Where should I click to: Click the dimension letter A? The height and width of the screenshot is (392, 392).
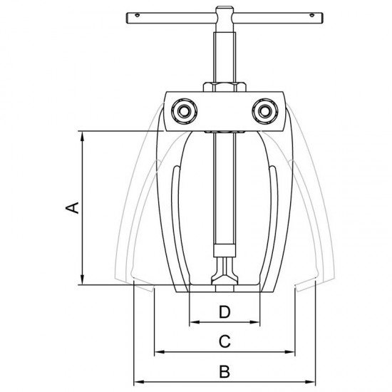(x=72, y=207)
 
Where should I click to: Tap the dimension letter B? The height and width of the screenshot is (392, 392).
(x=225, y=371)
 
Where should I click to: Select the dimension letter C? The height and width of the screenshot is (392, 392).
(x=225, y=341)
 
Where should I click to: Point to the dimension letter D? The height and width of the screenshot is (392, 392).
(x=225, y=311)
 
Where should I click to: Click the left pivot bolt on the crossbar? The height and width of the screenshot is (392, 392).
(x=185, y=111)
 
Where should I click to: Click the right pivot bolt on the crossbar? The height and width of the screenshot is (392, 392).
(x=264, y=111)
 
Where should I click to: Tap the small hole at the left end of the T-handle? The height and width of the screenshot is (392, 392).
(x=137, y=16)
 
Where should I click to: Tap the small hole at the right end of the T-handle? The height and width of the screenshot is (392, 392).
(x=311, y=16)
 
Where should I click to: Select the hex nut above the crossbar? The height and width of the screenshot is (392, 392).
(x=225, y=87)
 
